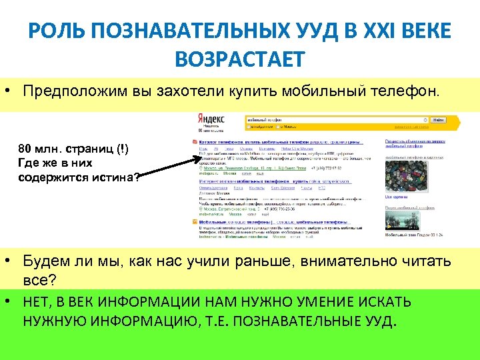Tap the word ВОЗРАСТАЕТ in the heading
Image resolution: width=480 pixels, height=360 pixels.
[239, 60]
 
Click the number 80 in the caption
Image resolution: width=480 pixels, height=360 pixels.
[25, 149]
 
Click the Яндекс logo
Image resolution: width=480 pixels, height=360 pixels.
[211, 118]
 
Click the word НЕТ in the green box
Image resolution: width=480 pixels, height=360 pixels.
[37, 302]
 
